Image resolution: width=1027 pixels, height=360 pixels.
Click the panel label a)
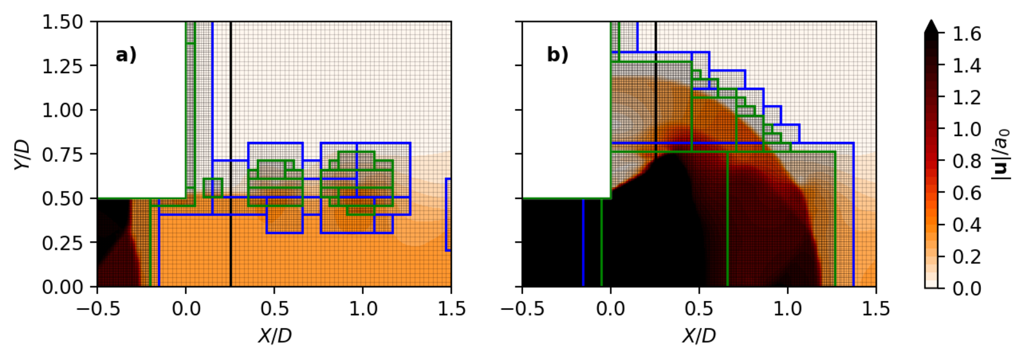[126, 55]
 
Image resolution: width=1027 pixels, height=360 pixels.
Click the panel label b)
[557, 55]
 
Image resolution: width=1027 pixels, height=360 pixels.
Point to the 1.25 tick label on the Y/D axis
[62, 66]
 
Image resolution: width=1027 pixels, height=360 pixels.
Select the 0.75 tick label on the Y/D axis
[62, 155]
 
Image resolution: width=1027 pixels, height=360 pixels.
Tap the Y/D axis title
[21, 155]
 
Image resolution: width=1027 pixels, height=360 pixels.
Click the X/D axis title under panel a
[275, 336]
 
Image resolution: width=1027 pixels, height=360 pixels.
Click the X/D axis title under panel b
[699, 336]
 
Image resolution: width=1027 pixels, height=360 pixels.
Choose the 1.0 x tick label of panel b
[788, 309]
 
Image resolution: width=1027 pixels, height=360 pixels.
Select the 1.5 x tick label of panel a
[451, 309]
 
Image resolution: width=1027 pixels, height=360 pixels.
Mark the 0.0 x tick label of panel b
[610, 309]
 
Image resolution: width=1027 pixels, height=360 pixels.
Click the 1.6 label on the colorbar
[967, 34]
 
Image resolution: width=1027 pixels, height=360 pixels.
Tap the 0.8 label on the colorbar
[967, 161]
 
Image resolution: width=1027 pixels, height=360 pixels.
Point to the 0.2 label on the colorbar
[967, 257]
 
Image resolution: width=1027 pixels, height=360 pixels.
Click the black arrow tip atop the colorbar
[931, 26]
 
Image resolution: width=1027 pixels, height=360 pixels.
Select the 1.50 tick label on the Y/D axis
[62, 22]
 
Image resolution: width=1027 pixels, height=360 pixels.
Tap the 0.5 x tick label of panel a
[275, 309]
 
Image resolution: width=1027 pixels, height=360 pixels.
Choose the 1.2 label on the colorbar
[967, 98]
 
